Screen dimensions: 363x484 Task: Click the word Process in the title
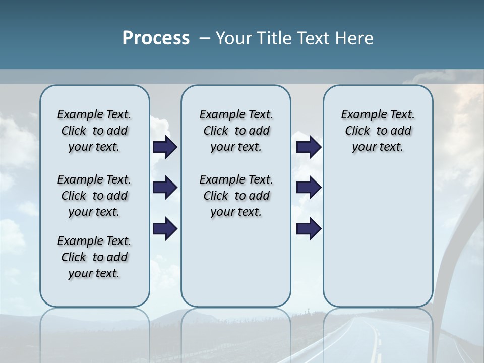[156, 38]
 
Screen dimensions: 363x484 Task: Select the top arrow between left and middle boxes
[165, 147]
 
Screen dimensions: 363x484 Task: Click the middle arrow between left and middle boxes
[165, 188]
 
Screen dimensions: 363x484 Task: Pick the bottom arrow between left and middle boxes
[165, 229]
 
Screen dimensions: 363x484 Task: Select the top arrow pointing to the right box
[309, 147]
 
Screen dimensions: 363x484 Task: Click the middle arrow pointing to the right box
[309, 188]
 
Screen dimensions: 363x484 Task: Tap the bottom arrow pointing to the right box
[309, 229]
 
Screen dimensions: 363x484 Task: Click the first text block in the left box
[94, 131]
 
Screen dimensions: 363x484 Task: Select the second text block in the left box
[94, 196]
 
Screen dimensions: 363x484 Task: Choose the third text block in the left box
[94, 257]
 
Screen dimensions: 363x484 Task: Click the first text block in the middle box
[236, 131]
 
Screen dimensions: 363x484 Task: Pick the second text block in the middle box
[236, 196]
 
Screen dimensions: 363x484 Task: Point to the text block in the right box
[378, 131]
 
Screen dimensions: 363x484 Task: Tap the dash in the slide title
[205, 38]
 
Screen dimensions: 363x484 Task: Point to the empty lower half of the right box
[378, 237]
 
